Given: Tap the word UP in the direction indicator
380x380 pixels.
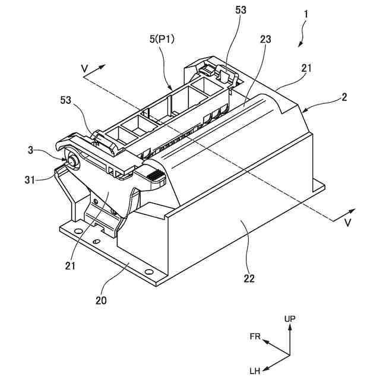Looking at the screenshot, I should pos(290,319).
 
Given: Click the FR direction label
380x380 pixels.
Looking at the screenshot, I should pos(255,336).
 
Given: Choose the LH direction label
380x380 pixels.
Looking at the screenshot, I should pos(255,371).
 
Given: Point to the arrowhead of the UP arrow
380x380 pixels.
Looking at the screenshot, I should pos(290,328).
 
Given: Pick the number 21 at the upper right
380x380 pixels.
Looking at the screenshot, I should pos(306,68).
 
